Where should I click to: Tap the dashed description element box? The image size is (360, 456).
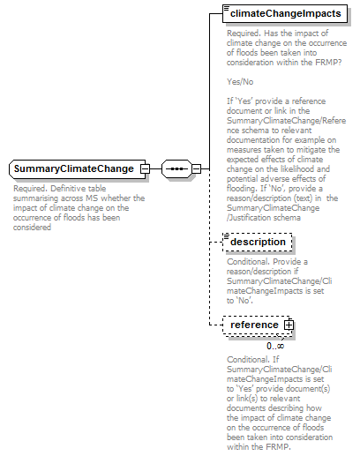[x=258, y=242]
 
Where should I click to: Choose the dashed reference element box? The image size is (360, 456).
[x=255, y=325]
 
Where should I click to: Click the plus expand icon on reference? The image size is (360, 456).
[x=288, y=326]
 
